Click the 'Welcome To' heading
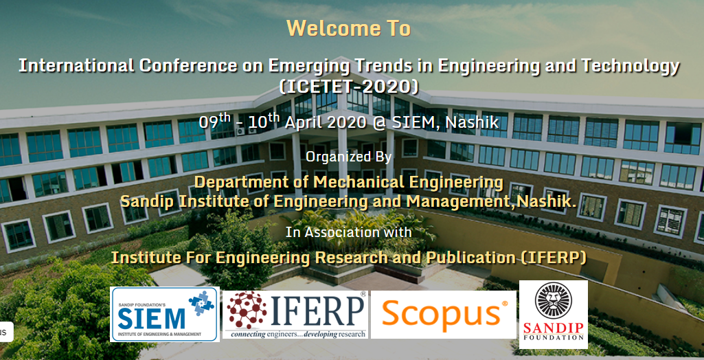tap(348, 28)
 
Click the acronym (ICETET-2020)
tap(349, 87)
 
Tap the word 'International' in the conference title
tap(76, 66)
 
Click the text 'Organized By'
tap(348, 156)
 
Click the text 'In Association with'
tap(348, 232)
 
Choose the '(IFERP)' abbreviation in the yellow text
tap(554, 258)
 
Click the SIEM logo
tap(165, 314)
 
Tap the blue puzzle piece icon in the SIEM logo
tap(202, 302)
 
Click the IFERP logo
tap(295, 315)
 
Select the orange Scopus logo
tap(444, 315)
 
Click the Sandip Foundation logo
tap(554, 314)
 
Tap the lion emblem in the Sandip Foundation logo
tap(554, 300)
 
